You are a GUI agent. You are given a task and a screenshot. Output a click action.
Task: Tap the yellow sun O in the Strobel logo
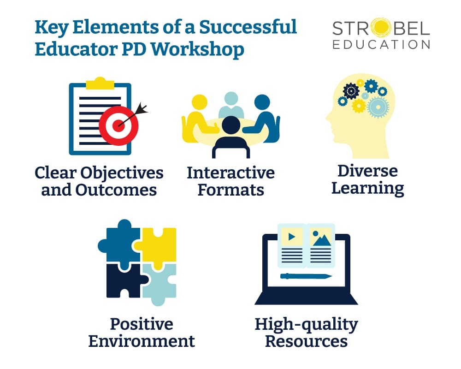[378, 29]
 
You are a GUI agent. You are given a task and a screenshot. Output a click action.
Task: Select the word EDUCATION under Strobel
[381, 45]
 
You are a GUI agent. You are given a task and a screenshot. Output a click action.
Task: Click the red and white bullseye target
[119, 124]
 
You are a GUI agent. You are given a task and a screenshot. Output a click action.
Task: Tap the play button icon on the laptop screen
[291, 237]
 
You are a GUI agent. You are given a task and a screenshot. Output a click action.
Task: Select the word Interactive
[230, 173]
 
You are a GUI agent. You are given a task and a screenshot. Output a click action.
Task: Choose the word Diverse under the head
[367, 171]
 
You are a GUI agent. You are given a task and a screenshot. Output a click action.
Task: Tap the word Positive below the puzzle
[142, 324]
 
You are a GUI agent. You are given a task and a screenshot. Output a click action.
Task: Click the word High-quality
[306, 324]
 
